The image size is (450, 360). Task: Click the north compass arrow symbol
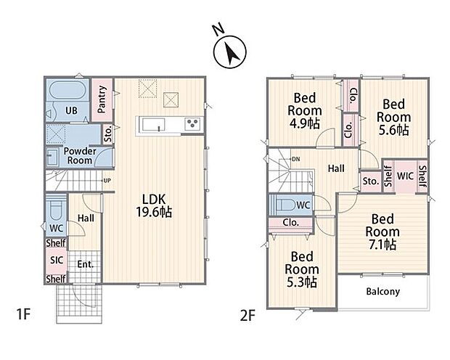pos(229,52)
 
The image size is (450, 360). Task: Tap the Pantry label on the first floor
pos(102,99)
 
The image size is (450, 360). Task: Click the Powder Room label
pos(80,155)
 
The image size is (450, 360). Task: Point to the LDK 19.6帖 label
pos(154,206)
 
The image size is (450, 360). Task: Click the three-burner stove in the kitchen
pos(192,124)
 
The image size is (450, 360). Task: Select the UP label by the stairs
pos(107,181)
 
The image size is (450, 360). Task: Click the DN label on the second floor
pos(296,159)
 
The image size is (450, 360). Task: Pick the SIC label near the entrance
pos(57,260)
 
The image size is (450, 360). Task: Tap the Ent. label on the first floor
pos(86,264)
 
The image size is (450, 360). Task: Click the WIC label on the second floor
pos(405,176)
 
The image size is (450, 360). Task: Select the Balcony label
pos(382,291)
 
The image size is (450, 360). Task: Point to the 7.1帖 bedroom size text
pos(382,245)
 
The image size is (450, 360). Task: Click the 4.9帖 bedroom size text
pos(305,123)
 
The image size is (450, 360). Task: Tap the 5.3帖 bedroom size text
pos(302,282)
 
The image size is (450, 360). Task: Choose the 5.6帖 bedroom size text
pos(393,130)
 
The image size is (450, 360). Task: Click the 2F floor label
pos(247,316)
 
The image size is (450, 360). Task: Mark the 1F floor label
pos(23,314)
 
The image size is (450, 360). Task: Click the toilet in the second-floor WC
pos(285,205)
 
